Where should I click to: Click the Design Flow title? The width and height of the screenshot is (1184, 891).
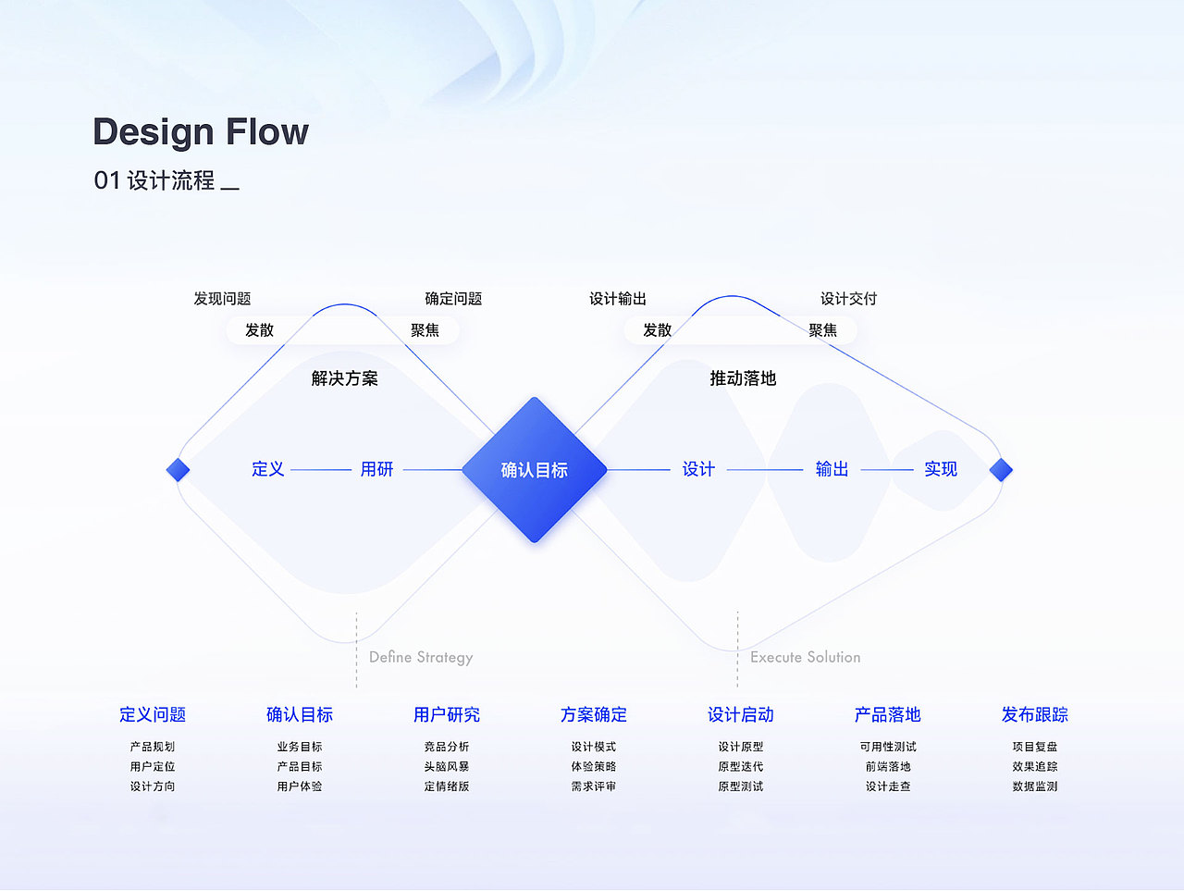[201, 132]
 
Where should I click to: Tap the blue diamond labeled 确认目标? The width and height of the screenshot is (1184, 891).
[534, 470]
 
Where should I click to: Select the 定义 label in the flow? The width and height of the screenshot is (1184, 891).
[268, 469]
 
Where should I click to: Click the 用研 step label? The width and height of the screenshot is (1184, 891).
[376, 469]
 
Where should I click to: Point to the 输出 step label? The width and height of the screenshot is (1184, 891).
[832, 469]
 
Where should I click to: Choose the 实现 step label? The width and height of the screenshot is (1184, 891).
[941, 469]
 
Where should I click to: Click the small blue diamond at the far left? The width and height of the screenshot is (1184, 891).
[178, 470]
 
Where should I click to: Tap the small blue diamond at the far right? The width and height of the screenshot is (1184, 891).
[1001, 470]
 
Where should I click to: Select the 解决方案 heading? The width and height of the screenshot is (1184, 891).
[344, 378]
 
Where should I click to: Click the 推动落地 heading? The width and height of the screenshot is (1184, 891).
[743, 378]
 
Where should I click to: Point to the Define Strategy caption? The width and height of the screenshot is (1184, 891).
[421, 657]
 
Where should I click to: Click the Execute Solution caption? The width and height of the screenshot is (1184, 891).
[805, 657]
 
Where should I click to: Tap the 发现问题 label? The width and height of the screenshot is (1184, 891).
[222, 299]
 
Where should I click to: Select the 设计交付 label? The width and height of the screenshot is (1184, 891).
[848, 299]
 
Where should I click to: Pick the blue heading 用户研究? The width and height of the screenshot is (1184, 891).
[447, 714]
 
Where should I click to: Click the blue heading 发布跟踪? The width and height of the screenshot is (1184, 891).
[1034, 714]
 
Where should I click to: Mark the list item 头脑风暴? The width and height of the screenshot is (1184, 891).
[447, 766]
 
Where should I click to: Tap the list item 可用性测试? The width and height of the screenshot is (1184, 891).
[888, 747]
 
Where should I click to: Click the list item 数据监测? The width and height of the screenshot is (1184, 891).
[1034, 786]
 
